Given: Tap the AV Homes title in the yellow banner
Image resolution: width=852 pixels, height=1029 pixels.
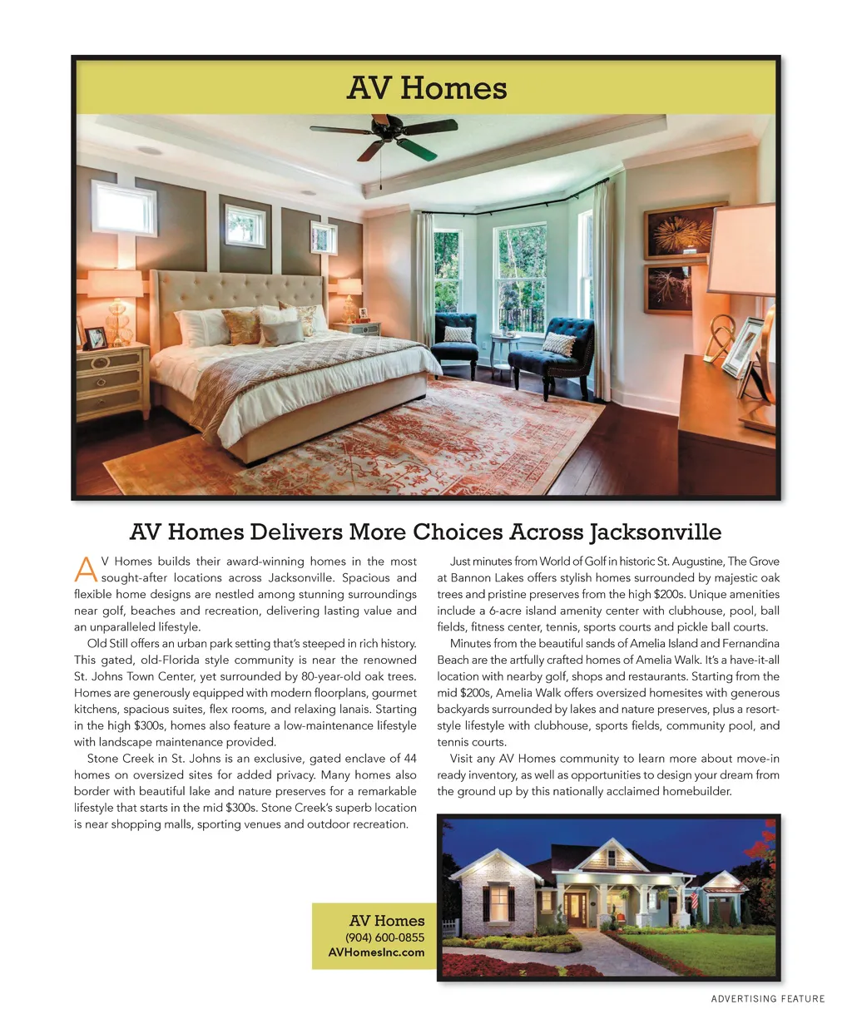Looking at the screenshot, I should tap(426, 88).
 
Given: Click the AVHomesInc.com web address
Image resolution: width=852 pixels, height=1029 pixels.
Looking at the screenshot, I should tap(376, 952).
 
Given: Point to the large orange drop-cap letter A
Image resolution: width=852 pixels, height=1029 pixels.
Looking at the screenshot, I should tap(86, 569).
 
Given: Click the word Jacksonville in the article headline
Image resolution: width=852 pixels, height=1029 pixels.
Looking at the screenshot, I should tap(656, 532).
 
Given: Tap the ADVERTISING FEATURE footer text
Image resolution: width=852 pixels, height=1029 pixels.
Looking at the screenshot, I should tap(767, 998).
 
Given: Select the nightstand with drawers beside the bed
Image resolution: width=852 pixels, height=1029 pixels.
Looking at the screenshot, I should tap(112, 383).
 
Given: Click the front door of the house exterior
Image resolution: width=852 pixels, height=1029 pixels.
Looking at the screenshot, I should tap(575, 908).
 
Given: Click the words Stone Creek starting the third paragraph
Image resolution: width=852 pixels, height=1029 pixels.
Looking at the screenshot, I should tap(115, 759).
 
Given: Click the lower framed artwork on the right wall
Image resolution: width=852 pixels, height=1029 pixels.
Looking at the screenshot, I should tap(668, 288).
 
